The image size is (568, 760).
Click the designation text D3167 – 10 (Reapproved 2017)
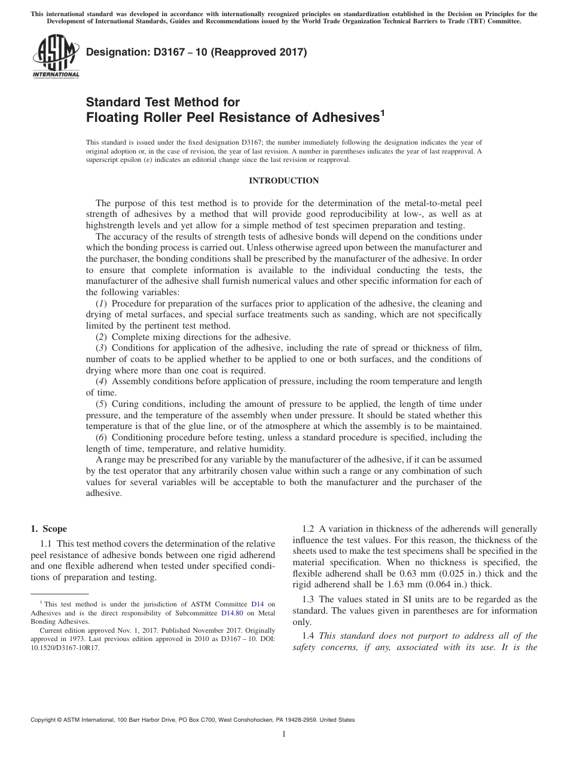[x=197, y=53]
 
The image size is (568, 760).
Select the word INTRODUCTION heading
[x=284, y=180]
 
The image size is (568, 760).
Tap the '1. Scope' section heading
[x=49, y=529]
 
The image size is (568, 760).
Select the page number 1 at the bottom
[x=284, y=735]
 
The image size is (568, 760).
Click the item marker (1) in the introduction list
[x=102, y=304]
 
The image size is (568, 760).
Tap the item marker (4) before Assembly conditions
[x=102, y=381]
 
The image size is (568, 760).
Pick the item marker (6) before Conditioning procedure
[x=102, y=437]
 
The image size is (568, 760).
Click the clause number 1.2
[x=308, y=529]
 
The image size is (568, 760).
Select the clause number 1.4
[x=308, y=636]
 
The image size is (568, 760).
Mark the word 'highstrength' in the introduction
[x=112, y=225]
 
